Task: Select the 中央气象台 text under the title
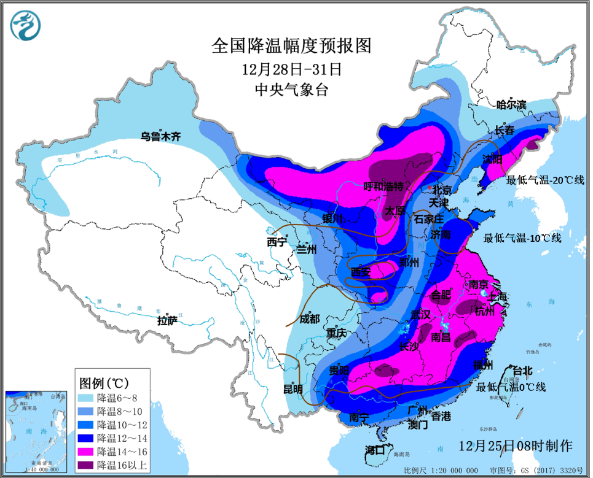click(291, 90)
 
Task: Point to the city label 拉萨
click(167, 320)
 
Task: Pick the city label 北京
click(442, 190)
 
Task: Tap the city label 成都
click(310, 318)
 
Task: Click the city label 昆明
click(293, 389)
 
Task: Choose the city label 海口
click(375, 450)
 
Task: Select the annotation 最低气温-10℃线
click(522, 238)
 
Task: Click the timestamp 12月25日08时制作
click(515, 445)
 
